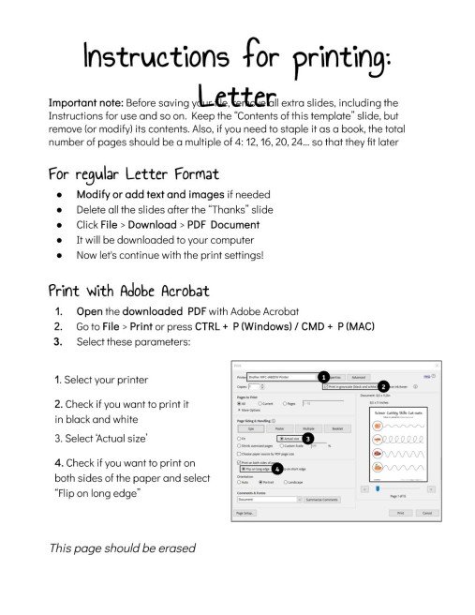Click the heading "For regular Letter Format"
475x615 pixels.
coord(133,174)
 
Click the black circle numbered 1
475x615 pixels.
coord(322,377)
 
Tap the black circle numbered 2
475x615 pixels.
coord(382,386)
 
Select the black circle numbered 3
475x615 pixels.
coord(308,438)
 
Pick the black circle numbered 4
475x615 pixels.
coord(277,469)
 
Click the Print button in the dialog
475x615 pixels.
coord(400,513)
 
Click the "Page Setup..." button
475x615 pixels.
coord(245,513)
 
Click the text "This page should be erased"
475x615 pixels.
coord(122,547)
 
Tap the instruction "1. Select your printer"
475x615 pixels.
coord(100,380)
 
